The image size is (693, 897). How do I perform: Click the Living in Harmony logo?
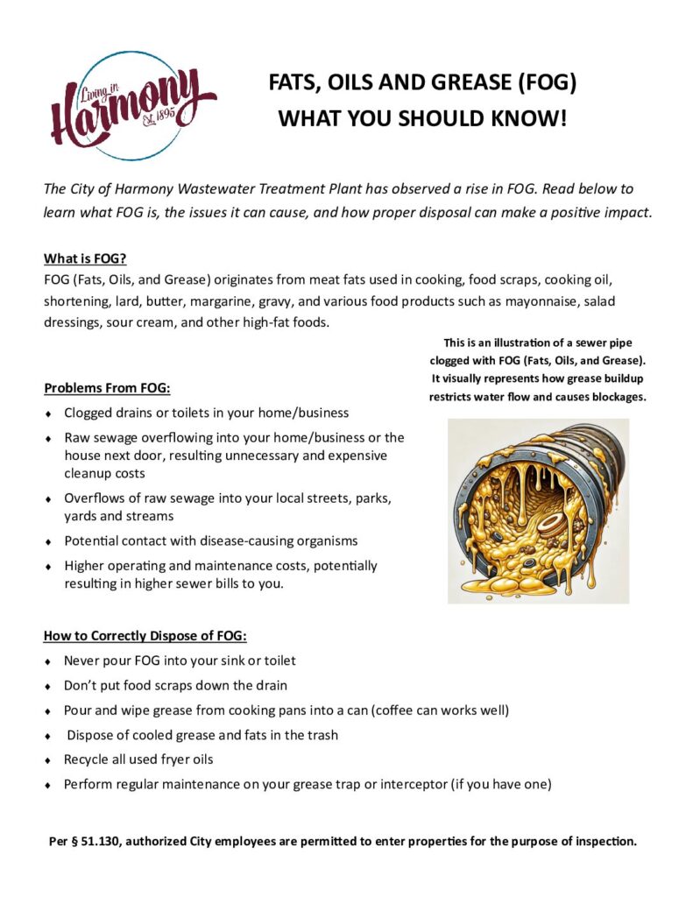tap(131, 105)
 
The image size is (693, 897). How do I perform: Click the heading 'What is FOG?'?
tap(85, 259)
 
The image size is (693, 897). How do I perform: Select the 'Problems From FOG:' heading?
tap(107, 388)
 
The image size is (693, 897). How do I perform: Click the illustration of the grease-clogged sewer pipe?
tap(538, 511)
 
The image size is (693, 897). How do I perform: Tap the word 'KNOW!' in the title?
tap(527, 118)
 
